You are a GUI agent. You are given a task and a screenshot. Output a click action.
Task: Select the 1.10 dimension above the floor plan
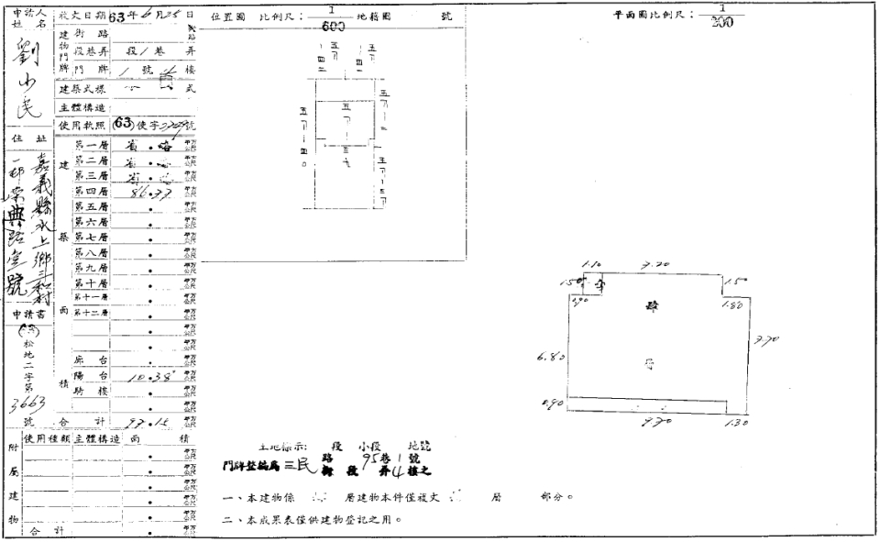click(589, 264)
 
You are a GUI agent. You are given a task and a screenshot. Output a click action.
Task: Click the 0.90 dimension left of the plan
click(552, 403)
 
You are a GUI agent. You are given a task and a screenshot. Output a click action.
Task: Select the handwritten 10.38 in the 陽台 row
click(147, 376)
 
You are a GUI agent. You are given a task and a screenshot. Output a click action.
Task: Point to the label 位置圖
click(226, 17)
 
